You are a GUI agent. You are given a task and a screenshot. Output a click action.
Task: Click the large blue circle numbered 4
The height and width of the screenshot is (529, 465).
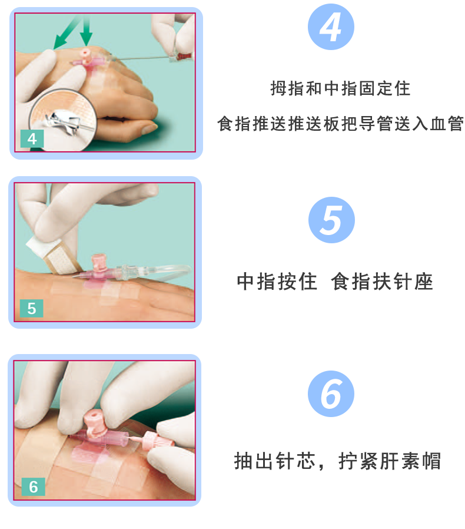click(331, 28)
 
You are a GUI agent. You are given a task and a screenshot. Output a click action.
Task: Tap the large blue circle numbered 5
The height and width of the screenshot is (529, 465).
click(331, 220)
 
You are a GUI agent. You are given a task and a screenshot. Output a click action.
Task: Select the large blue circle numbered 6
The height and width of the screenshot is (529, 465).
click(331, 394)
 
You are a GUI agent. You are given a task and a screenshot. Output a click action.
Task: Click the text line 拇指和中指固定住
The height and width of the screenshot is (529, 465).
click(340, 89)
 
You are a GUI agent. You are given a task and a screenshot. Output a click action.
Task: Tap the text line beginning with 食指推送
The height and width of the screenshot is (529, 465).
click(340, 124)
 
